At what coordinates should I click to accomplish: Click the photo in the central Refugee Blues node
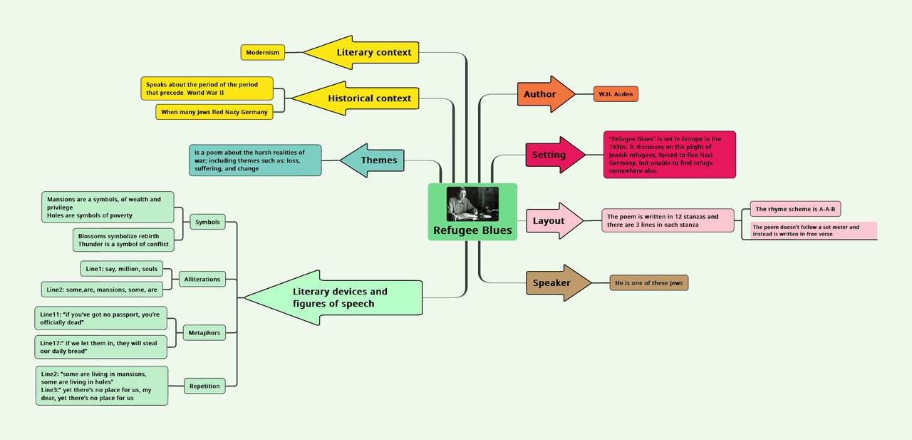[x=472, y=204]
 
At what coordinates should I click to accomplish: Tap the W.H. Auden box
[x=616, y=94]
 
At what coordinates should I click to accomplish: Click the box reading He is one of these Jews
[x=648, y=283]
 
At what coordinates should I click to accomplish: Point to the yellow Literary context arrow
[x=363, y=53]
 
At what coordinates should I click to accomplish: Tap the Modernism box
[x=263, y=53]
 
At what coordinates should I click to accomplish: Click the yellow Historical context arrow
[x=360, y=98]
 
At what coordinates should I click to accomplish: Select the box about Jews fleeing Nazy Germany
[x=214, y=112]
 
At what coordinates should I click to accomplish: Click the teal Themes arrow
[x=373, y=160]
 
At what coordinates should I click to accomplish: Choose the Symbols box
[x=207, y=222]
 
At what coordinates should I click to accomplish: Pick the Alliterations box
[x=202, y=279]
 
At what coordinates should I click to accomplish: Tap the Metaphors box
[x=204, y=333]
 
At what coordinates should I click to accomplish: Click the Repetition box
[x=204, y=386]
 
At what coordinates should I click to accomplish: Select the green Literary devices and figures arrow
[x=335, y=297]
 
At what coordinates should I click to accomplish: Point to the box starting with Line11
[x=100, y=318]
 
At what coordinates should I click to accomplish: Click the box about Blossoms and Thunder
[x=123, y=240]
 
